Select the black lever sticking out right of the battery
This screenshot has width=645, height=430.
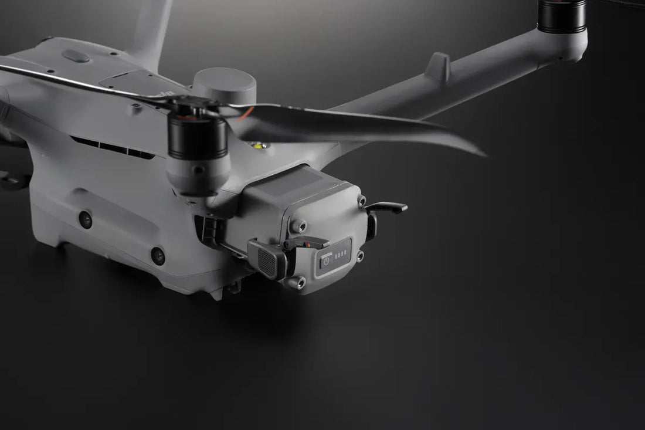click(x=387, y=206)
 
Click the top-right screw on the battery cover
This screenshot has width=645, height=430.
click(x=362, y=201)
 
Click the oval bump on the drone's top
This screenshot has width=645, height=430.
click(x=76, y=56)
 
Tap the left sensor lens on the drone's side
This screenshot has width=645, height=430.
click(x=86, y=219)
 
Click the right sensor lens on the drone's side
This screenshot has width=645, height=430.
click(x=157, y=255)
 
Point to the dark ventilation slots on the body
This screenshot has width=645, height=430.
click(x=111, y=147)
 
